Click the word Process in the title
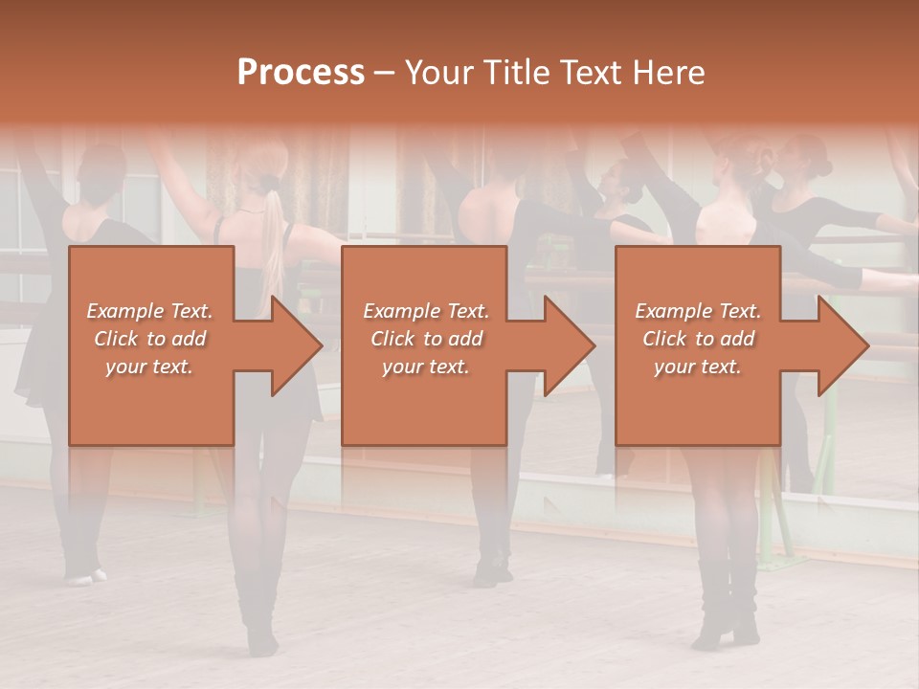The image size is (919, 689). coord(301,73)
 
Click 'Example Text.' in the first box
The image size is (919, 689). coord(149,311)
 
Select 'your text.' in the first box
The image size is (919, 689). coord(149,367)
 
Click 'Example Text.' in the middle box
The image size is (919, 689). coord(426,311)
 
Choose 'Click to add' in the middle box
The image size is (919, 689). coord(426,339)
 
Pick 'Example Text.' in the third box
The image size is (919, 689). coord(698,311)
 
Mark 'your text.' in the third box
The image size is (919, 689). coord(698,367)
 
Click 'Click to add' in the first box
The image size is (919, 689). coord(149,339)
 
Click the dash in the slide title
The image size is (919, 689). coord(385,73)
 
